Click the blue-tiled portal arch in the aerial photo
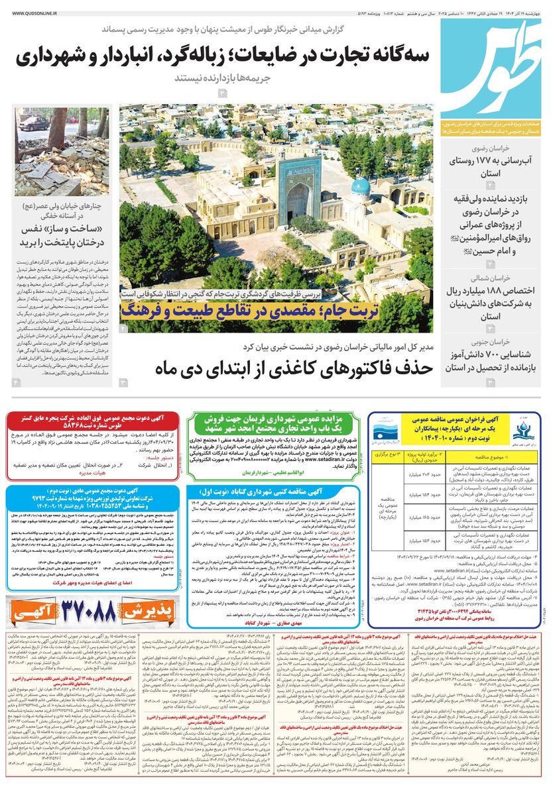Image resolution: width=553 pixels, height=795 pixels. pos(296,192)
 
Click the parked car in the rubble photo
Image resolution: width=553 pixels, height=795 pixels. pos(32,125)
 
